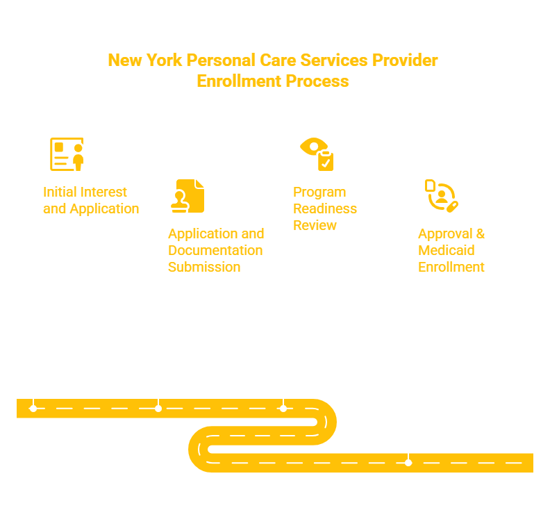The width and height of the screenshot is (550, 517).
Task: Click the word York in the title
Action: tap(164, 60)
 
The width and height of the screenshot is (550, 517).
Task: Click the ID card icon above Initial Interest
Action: tap(67, 154)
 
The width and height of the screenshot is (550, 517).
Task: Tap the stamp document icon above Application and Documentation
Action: tap(187, 196)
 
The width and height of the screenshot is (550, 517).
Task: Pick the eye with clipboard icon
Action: tap(317, 154)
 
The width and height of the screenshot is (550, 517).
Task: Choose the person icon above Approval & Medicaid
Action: tap(442, 196)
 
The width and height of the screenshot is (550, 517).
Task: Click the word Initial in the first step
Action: tap(58, 192)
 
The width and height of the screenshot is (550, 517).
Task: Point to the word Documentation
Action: tap(215, 251)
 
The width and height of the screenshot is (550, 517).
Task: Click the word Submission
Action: tap(204, 267)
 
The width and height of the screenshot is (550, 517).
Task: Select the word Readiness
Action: tap(325, 209)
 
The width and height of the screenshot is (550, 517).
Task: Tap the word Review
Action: tap(315, 225)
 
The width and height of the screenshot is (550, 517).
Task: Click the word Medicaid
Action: tap(446, 251)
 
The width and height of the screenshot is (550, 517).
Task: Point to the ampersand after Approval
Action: tap(480, 233)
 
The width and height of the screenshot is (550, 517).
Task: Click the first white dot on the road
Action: tap(33, 409)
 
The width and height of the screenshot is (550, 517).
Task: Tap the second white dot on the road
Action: tap(158, 409)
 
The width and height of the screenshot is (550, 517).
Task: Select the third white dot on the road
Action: tap(283, 409)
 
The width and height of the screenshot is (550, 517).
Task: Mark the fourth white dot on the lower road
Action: tap(408, 463)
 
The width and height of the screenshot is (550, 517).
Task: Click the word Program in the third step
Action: tap(319, 192)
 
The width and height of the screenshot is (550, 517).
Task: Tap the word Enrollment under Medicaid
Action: tap(451, 267)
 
